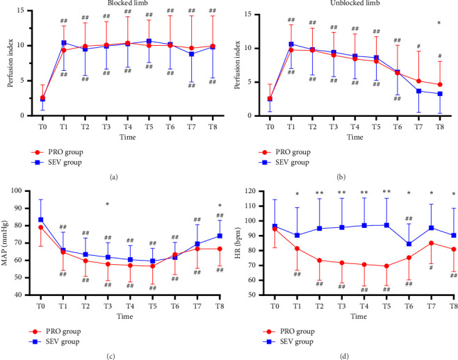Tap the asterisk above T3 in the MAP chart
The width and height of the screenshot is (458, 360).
pyautogui.click(x=107, y=204)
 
